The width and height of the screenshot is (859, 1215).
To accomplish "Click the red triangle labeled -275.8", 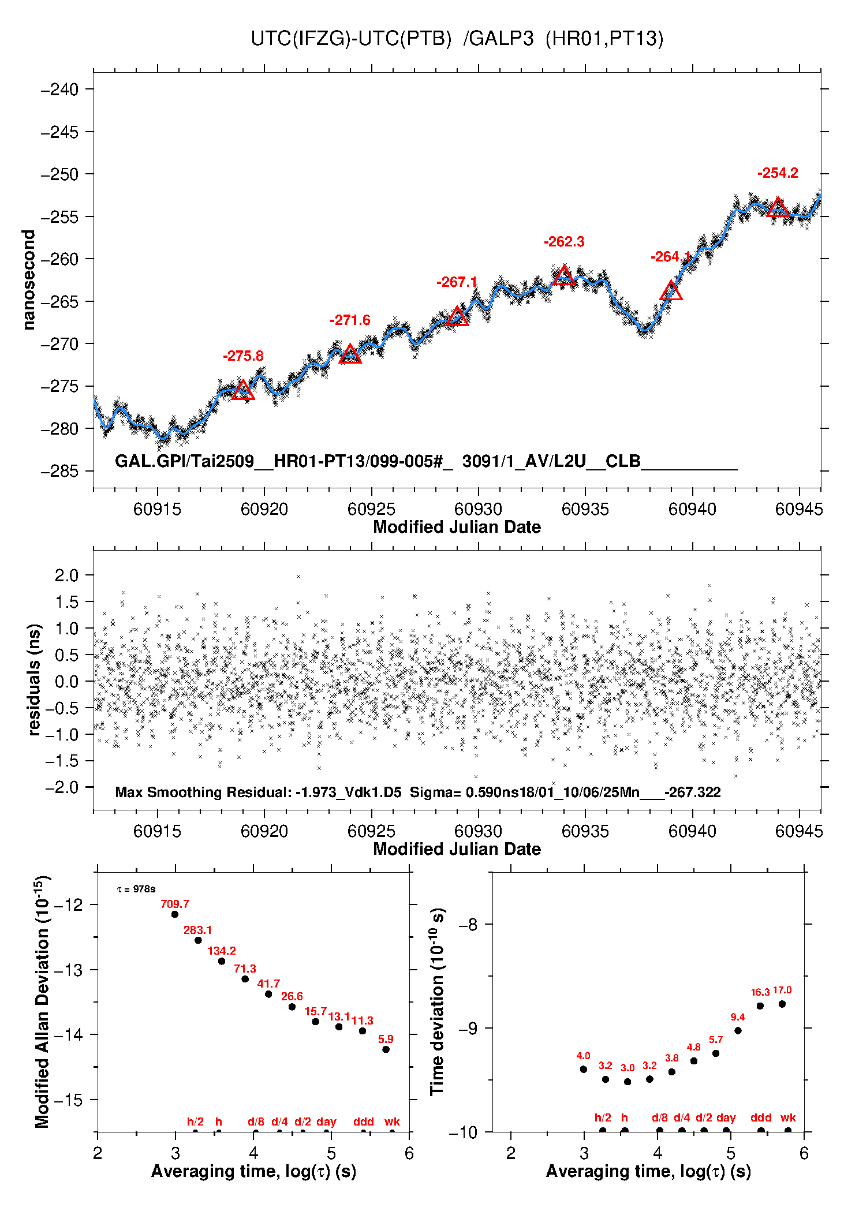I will tap(243, 391).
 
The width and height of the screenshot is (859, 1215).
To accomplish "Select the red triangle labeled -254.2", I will tap(778, 208).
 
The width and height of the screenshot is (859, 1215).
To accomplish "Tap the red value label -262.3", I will tap(564, 242).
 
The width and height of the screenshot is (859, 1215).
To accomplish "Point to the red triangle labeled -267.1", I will tap(457, 317).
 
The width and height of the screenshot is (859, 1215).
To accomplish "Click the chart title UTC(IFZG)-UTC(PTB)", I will tap(351, 39).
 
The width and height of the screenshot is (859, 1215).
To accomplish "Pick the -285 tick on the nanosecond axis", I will tap(59, 471).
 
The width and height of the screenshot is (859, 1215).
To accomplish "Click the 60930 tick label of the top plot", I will tap(478, 509).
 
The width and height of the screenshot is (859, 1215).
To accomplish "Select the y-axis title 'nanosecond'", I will tap(28, 280).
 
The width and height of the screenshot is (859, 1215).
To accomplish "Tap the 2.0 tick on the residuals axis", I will tap(66, 575).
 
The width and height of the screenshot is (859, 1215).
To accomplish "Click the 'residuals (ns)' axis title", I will tap(34, 680).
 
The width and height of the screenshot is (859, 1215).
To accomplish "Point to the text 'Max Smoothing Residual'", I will tap(201, 792).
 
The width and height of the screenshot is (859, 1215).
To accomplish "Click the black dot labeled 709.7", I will tap(175, 914).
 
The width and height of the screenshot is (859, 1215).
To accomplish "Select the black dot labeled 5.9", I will tap(386, 1049).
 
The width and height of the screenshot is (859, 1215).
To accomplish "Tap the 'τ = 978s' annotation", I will tap(136, 889).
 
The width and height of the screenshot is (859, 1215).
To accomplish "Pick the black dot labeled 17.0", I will tap(782, 1004).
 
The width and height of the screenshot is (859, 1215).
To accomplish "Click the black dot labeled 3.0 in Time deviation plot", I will tap(628, 1082).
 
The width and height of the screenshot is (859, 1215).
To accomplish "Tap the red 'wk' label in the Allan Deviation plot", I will tap(392, 1121).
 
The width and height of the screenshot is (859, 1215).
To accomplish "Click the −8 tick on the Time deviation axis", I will tap(468, 925).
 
